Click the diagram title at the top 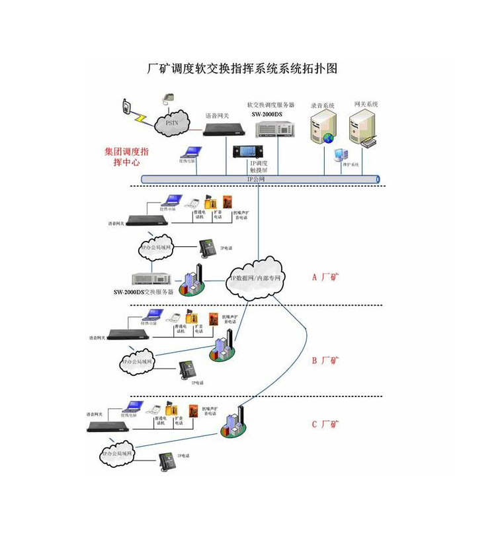point(241,69)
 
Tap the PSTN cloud point(171,124)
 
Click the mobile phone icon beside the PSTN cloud point(126,107)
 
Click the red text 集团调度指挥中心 point(127,156)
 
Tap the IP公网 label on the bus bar point(256,179)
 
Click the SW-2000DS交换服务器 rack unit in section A point(151,279)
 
